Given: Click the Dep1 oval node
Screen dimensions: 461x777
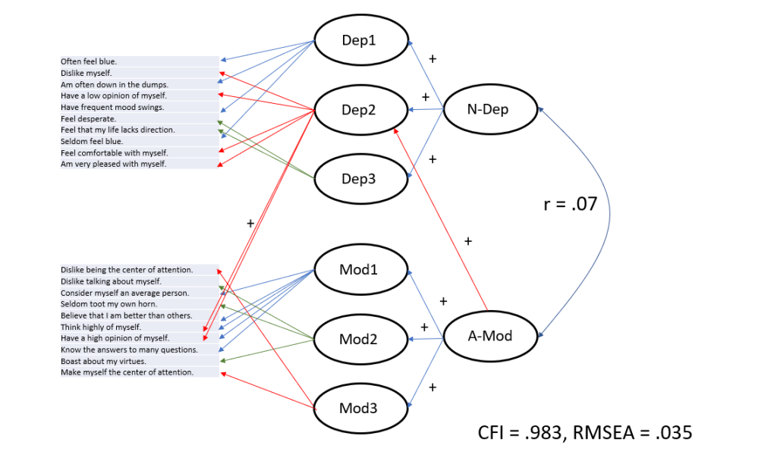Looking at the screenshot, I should point(361,41).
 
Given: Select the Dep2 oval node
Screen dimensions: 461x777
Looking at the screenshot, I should point(361,110).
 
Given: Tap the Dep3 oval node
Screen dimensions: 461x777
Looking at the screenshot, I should point(361,180).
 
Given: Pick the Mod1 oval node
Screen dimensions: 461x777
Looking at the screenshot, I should point(361,270).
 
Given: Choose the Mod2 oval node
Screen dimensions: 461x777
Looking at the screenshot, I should point(361,339).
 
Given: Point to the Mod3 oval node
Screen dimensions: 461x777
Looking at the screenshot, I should point(361,409).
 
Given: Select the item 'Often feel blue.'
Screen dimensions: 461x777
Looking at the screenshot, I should point(89,61).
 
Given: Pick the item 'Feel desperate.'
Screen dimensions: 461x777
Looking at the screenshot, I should point(88,118).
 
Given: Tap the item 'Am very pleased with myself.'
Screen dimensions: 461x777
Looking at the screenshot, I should point(113,164).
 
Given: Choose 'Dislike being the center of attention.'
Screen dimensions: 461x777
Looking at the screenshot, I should point(127,269).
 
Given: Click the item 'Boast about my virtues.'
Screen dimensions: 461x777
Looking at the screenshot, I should point(103,361).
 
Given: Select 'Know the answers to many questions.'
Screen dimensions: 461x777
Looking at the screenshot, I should point(129,350).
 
